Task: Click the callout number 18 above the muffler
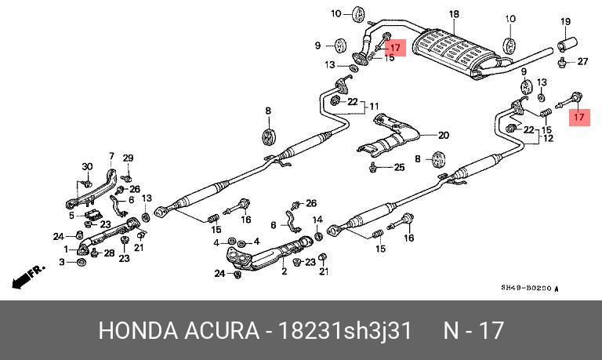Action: (453, 15)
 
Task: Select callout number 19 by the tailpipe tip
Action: (566, 20)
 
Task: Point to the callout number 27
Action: (582, 61)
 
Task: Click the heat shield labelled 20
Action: (389, 138)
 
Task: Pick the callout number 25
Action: (399, 167)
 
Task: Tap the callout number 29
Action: (128, 158)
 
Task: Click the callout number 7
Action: (111, 156)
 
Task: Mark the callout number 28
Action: (110, 253)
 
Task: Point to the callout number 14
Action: (317, 219)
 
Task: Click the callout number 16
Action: (408, 238)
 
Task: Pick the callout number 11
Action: (374, 106)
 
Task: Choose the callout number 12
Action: (548, 138)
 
